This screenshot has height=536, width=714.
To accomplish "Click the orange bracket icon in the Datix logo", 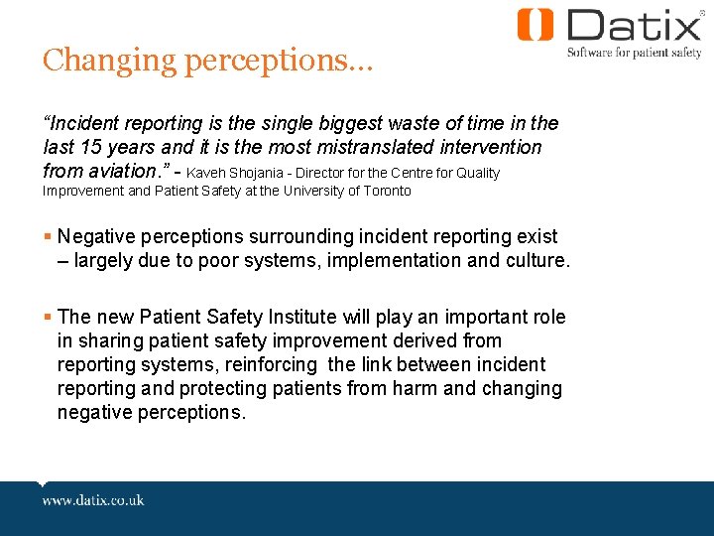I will pyautogui.click(x=535, y=25).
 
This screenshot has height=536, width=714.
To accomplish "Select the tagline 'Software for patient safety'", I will pyautogui.click(x=634, y=53).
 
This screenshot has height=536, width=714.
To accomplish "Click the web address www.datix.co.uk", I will pyautogui.click(x=93, y=500).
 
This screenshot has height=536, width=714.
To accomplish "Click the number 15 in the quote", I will pyautogui.click(x=92, y=147).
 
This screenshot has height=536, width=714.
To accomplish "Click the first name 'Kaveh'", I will pyautogui.click(x=207, y=173).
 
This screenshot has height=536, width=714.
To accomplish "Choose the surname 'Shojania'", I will pyautogui.click(x=262, y=173).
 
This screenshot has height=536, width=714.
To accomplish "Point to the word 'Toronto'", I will pyautogui.click(x=385, y=191).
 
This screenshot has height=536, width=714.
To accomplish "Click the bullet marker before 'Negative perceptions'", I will pyautogui.click(x=48, y=237).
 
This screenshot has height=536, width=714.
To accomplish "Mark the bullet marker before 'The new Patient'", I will pyautogui.click(x=48, y=318).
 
